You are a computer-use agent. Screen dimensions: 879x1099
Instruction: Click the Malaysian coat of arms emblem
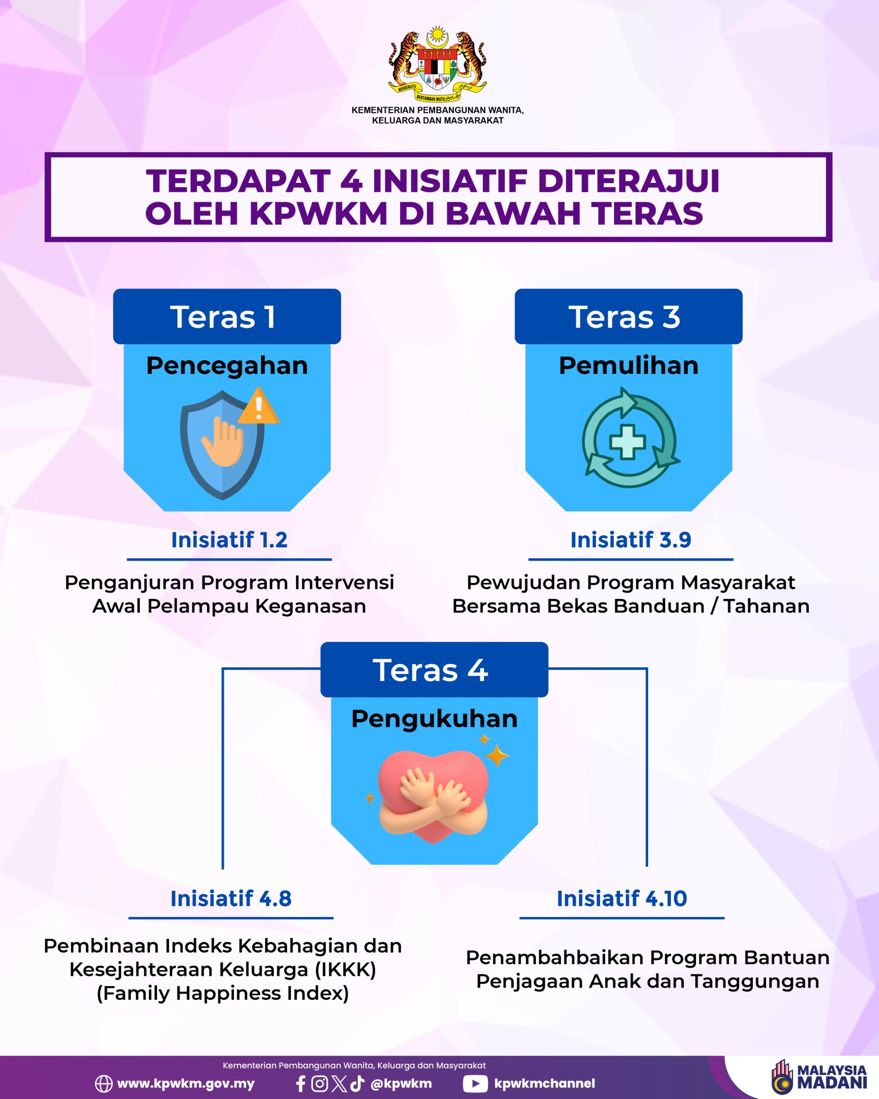[437, 64]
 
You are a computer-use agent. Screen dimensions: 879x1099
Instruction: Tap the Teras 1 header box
[227, 316]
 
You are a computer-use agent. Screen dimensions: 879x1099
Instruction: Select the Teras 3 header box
[628, 316]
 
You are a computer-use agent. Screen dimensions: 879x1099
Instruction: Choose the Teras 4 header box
[434, 669]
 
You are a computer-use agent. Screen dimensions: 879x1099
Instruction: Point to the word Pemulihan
[628, 365]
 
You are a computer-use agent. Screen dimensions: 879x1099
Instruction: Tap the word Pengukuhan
[434, 719]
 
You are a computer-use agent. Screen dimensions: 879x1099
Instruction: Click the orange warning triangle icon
[258, 406]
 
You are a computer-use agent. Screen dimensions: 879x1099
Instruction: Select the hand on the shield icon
[223, 442]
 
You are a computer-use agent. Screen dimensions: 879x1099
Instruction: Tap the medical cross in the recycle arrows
[627, 441]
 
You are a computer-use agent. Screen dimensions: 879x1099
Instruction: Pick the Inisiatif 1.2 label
[229, 540]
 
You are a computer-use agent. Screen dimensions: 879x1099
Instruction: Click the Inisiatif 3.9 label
[631, 540]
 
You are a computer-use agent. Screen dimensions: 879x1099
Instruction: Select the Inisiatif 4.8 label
[231, 898]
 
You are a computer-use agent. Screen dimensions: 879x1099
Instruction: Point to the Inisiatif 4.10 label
[621, 898]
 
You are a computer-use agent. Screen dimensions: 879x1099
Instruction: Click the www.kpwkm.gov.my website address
[186, 1083]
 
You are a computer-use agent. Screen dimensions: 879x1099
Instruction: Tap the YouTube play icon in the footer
[476, 1083]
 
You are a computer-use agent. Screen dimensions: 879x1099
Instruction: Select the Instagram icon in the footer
[319, 1083]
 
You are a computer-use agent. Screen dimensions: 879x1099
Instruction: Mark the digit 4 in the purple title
[351, 181]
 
